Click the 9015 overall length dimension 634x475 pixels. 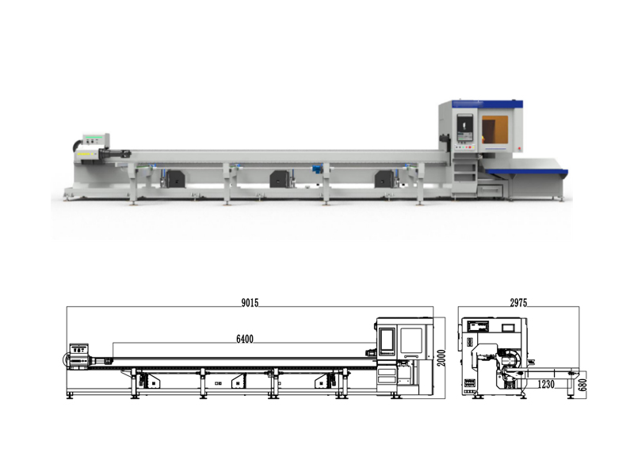[x=250, y=303]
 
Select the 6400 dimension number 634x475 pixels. [x=245, y=339]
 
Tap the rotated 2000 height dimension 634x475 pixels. [x=441, y=358]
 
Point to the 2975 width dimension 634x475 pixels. [x=518, y=303]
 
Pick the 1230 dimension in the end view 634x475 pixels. [x=546, y=384]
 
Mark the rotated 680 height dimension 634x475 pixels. [x=582, y=385]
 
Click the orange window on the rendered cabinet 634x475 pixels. [x=495, y=129]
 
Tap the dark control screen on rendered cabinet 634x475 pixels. [x=465, y=127]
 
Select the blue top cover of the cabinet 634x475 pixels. [x=487, y=104]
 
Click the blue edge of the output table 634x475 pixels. [x=527, y=172]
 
